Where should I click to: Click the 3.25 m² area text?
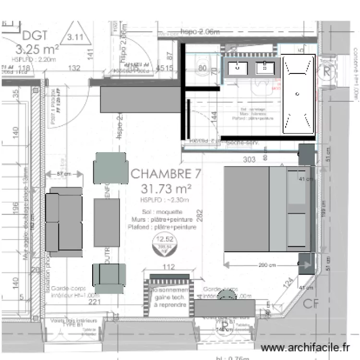pos(37,48)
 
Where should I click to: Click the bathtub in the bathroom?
pos(298,94)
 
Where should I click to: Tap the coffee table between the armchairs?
pos(107,222)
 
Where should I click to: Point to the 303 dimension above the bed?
pos(249,160)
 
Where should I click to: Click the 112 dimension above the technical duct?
pos(168,267)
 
